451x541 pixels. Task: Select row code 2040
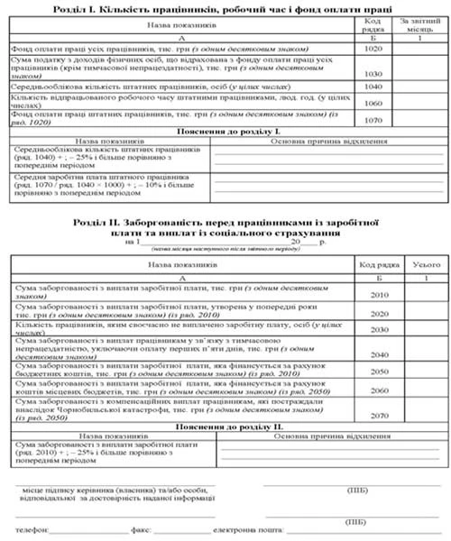379,354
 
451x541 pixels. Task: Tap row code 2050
379,371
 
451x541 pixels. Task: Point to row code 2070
379,417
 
